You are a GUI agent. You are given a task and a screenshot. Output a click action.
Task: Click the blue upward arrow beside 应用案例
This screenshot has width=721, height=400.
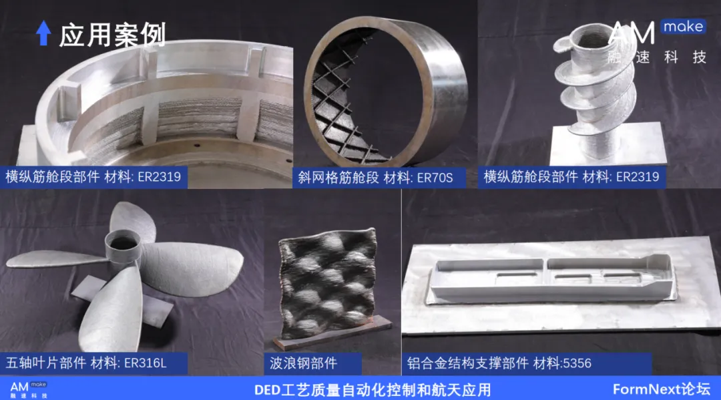click(43, 33)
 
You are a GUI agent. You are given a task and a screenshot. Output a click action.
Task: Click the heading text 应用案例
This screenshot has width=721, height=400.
click(112, 35)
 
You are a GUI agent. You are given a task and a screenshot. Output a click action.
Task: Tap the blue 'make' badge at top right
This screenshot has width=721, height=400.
click(684, 27)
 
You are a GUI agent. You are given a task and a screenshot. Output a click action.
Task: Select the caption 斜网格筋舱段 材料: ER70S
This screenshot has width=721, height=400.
click(375, 178)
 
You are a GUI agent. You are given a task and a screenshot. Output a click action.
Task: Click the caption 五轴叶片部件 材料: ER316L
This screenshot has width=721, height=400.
click(86, 363)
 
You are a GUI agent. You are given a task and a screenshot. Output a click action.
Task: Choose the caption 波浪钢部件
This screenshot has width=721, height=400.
click(304, 363)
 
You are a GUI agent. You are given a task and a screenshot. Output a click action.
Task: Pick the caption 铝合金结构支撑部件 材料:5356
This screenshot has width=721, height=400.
click(499, 363)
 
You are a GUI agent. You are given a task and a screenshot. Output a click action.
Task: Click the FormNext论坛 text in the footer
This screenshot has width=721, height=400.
click(662, 389)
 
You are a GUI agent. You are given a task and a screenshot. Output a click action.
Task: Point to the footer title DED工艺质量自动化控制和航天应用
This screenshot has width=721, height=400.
click(373, 390)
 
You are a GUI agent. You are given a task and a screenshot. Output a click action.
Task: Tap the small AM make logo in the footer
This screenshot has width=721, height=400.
click(29, 389)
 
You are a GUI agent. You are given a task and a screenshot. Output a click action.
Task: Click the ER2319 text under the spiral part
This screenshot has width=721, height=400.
click(638, 177)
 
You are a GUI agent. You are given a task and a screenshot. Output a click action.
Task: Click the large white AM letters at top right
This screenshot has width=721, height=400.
click(632, 33)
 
